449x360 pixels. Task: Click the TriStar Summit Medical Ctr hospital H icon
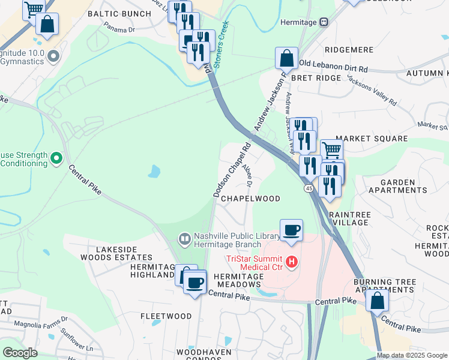(292, 262)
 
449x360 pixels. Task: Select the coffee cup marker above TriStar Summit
(291, 230)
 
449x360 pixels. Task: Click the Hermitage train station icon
(324, 22)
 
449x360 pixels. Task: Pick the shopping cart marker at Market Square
(331, 149)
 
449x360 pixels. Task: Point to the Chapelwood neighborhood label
(251, 198)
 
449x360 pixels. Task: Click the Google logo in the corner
(20, 353)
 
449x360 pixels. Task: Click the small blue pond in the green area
(154, 172)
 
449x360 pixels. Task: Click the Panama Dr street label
(119, 27)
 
